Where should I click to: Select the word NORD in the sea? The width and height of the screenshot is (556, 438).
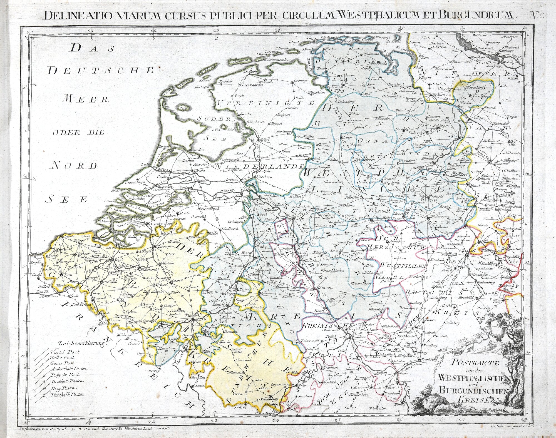(74, 166)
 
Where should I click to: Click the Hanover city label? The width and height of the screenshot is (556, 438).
(499, 163)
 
